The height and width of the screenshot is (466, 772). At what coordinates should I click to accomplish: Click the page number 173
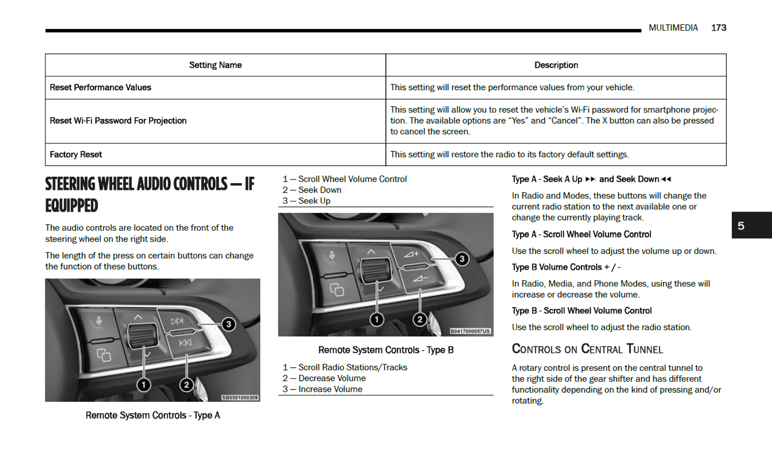(718, 28)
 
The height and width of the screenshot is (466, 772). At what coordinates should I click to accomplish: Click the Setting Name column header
(215, 65)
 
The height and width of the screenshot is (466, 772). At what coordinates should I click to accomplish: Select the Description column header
(556, 65)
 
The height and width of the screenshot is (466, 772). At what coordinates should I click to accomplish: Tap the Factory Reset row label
(76, 155)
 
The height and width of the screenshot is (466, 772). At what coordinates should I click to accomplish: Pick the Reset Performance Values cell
(100, 88)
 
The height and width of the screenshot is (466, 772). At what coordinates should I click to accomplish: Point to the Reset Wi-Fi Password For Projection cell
(118, 121)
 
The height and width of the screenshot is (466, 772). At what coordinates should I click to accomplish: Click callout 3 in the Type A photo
(229, 325)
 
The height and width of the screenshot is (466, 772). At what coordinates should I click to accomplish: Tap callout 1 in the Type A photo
(144, 384)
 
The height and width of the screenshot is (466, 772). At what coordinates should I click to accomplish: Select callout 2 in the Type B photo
(420, 319)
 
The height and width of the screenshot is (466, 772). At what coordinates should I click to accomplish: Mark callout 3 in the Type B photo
(462, 259)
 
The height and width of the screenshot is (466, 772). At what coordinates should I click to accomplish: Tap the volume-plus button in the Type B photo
(411, 254)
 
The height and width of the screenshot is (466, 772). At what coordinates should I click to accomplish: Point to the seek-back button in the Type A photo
(185, 343)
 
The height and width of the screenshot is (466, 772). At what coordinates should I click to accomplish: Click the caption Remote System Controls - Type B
(386, 350)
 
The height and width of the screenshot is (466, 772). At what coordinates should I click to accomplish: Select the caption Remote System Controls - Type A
(153, 415)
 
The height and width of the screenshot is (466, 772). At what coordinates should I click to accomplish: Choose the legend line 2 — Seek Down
(312, 190)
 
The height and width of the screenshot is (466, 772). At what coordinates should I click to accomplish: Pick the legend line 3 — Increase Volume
(322, 389)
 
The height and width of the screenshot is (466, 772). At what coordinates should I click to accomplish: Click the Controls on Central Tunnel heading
(587, 349)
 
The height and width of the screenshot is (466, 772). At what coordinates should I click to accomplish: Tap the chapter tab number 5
(741, 226)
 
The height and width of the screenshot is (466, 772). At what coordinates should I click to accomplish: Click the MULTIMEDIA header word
(673, 28)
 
